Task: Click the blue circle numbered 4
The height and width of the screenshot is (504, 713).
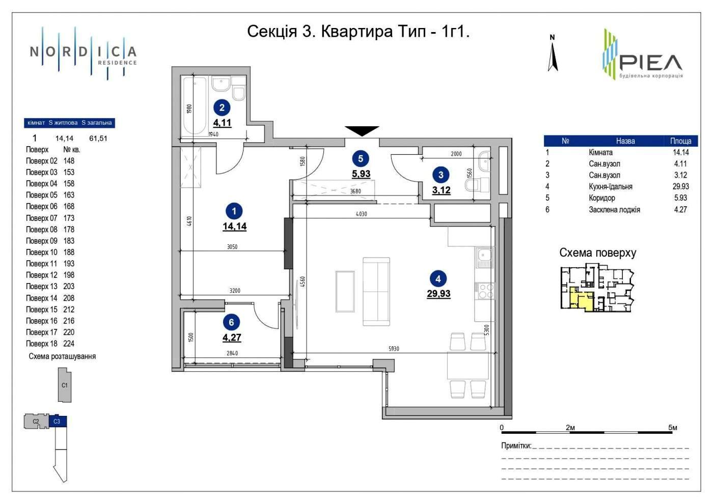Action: [x=438, y=279]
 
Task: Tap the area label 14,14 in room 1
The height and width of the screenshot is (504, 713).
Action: [x=235, y=227]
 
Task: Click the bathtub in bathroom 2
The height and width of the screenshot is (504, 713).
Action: [x=195, y=106]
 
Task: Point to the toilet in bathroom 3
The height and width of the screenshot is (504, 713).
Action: [x=477, y=185]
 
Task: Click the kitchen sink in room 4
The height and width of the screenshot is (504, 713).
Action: [x=484, y=258]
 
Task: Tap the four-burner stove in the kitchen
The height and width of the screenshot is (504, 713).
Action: [x=484, y=291]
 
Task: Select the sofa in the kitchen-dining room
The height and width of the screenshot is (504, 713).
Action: [x=376, y=291]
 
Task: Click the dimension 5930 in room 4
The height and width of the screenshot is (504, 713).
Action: [x=394, y=349]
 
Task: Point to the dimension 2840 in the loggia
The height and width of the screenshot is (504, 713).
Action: [x=232, y=353]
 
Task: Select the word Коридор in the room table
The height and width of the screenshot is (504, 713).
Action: [x=601, y=198]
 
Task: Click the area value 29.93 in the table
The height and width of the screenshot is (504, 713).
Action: [x=680, y=186]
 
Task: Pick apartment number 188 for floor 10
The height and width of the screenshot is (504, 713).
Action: [x=69, y=253]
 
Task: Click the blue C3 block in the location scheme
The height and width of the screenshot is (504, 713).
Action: [x=58, y=422]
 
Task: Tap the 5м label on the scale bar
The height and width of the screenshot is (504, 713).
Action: [x=673, y=428]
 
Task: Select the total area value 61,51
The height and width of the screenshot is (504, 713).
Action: [x=98, y=138]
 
